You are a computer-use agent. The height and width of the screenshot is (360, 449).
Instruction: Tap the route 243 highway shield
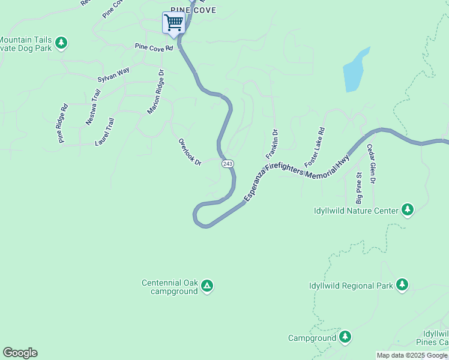pos(227,164)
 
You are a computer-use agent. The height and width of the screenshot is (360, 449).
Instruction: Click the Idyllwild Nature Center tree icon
pos(408,210)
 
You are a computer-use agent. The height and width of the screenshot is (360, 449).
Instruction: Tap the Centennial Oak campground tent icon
pos(206,286)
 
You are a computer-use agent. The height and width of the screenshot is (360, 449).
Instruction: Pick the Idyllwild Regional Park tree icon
pos(402,285)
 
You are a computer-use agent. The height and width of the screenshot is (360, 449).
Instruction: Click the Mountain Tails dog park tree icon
pos(61,43)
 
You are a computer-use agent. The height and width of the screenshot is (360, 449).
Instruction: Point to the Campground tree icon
pos(345,337)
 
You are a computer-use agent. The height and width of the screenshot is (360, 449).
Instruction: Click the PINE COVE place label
pos(193,10)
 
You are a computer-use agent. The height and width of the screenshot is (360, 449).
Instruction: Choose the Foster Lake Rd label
pos(315,147)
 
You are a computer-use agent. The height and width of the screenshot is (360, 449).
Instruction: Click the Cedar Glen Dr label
pos(372,163)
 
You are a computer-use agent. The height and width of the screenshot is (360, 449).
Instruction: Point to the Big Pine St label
pos(358,188)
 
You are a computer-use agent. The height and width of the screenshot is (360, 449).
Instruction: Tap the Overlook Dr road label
pos(190,152)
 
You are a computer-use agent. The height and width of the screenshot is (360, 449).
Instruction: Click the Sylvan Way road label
pos(113,75)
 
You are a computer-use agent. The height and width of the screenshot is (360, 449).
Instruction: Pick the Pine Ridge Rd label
pos(62,124)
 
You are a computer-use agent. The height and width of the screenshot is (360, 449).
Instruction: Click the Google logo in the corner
pos(20,353)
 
